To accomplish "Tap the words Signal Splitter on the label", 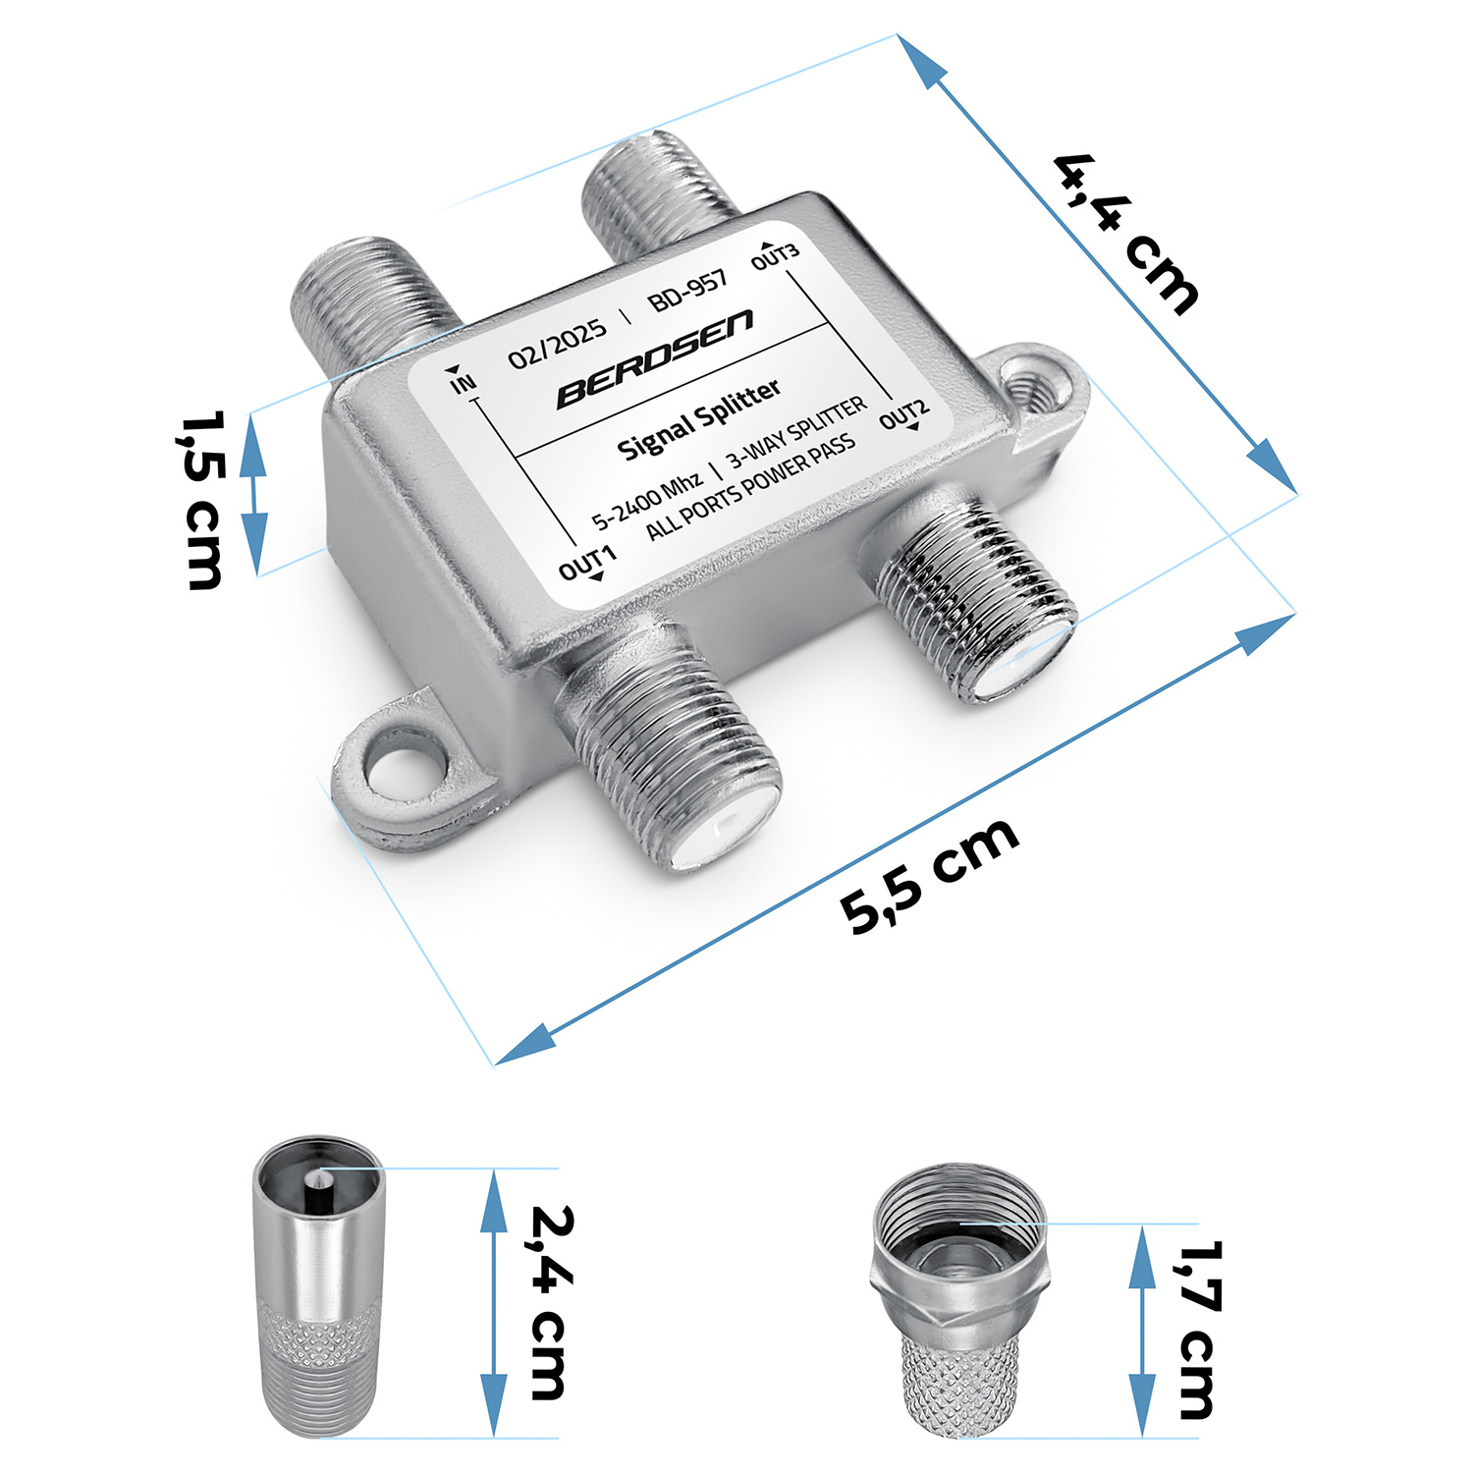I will point(698,420).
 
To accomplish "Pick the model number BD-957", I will point(688,290).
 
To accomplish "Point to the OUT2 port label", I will point(903,414).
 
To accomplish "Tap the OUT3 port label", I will point(775,255).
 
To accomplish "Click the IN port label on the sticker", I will point(462,381).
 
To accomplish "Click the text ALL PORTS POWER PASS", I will point(750,487).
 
